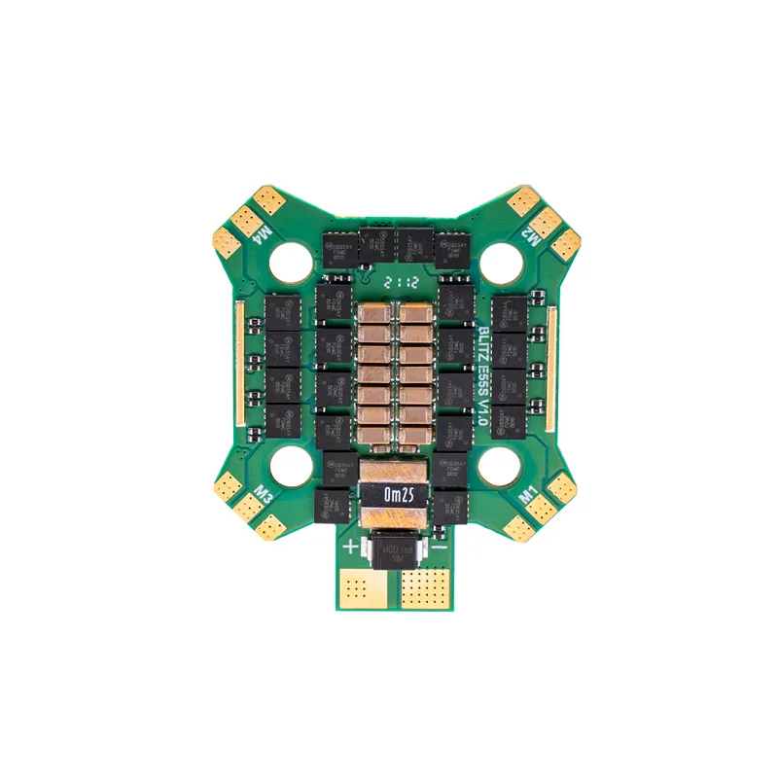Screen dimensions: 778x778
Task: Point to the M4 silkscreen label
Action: coord(261,231)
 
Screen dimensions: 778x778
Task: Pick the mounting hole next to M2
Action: coord(500,258)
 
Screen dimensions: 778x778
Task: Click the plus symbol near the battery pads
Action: coord(351,546)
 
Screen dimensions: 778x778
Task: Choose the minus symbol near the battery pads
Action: coord(442,547)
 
